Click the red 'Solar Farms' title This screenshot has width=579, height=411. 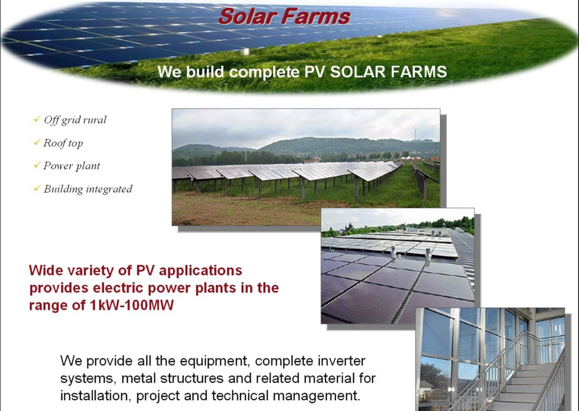(x=284, y=16)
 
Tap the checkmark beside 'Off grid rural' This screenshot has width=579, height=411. (x=37, y=119)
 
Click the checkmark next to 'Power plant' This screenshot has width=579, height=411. (x=37, y=165)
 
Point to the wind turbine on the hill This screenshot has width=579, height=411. (x=416, y=134)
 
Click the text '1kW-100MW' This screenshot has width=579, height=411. (x=131, y=305)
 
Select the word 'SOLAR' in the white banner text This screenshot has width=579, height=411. (x=357, y=72)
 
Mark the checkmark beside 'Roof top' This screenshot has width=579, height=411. (x=37, y=142)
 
